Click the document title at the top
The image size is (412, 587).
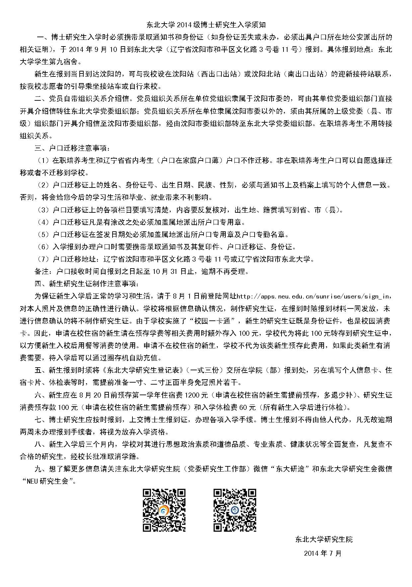(x=206, y=25)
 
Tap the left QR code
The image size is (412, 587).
(x=164, y=510)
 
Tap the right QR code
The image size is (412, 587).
(x=234, y=510)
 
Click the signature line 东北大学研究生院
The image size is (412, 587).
(x=324, y=539)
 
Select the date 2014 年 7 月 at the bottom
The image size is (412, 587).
(x=323, y=553)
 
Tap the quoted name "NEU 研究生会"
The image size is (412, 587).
(x=48, y=481)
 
